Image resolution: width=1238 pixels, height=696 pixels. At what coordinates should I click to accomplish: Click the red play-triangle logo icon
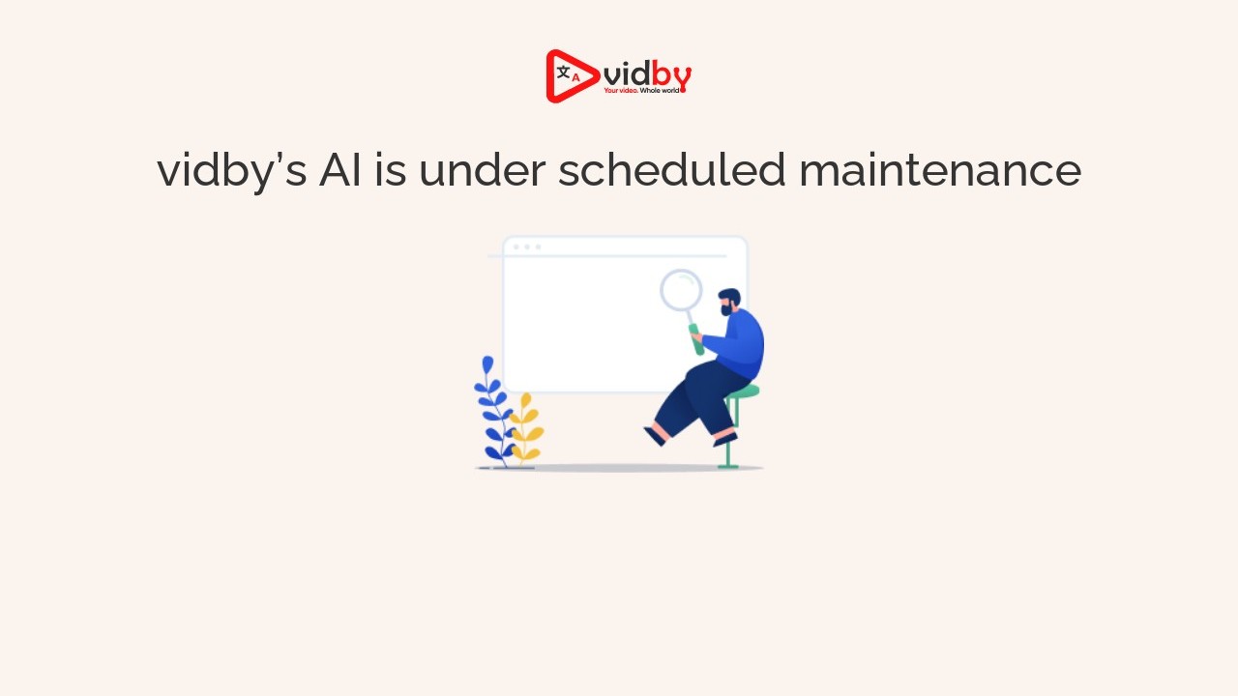[x=572, y=76]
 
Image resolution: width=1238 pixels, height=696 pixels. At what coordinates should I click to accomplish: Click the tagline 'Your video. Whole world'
[x=641, y=90]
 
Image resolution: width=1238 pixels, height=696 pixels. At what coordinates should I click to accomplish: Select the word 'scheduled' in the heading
[x=671, y=169]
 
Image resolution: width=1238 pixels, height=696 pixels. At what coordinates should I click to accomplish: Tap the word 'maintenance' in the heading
[x=940, y=169]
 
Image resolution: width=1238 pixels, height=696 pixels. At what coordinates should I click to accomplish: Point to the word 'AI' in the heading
[x=340, y=170]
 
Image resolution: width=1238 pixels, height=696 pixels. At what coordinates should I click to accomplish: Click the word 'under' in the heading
[x=483, y=169]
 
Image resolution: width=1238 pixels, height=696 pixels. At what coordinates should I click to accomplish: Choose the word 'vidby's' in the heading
[x=231, y=171]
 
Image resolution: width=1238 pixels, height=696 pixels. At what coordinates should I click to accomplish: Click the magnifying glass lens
[x=681, y=290]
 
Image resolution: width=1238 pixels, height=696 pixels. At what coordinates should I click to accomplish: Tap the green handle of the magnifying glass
[x=696, y=339]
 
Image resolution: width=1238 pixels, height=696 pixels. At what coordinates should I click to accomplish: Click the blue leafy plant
[x=493, y=412]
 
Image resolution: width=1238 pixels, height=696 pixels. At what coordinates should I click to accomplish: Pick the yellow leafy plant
[x=525, y=428]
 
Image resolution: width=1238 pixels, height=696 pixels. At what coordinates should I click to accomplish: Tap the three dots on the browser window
[x=527, y=246]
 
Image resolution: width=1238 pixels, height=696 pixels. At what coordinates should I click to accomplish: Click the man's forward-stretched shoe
[x=655, y=436]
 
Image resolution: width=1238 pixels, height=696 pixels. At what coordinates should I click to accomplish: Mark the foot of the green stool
[x=728, y=467]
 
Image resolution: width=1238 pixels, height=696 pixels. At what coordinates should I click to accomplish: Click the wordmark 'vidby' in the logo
[x=647, y=75]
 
